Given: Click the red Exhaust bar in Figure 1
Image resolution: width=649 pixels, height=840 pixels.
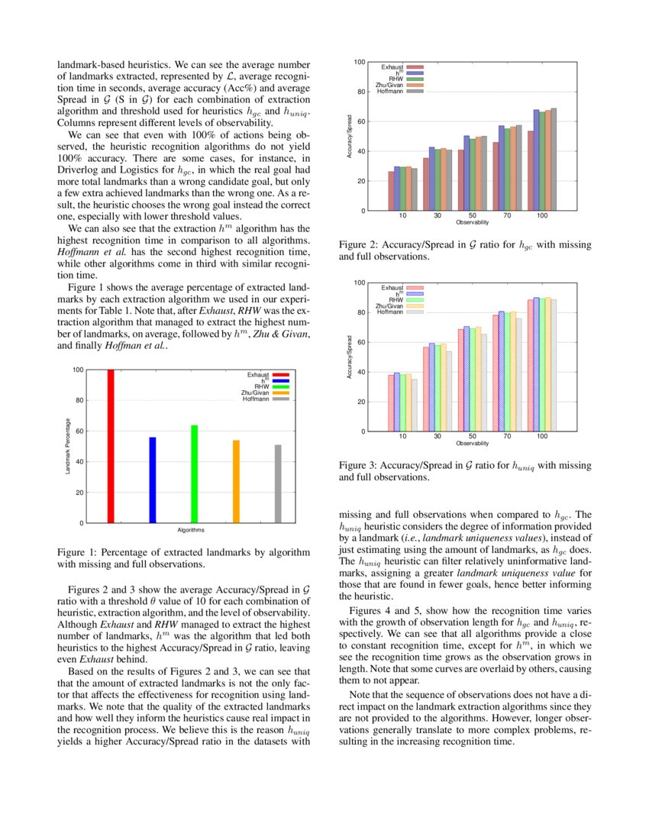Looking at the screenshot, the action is click(x=111, y=447).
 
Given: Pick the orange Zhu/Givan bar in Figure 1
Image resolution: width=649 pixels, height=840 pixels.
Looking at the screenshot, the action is click(x=236, y=482).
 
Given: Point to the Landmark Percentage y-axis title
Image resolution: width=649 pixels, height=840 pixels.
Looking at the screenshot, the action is click(x=69, y=447).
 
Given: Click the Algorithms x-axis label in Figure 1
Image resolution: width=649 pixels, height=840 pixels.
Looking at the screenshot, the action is click(x=190, y=530).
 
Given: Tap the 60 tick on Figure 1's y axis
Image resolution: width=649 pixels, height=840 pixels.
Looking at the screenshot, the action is click(x=78, y=431).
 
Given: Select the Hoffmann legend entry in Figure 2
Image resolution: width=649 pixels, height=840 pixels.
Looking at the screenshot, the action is click(x=390, y=91).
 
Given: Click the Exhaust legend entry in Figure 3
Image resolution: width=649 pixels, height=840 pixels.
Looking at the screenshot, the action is click(x=392, y=287).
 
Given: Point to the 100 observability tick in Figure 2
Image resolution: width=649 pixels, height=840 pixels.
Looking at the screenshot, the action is click(x=541, y=217).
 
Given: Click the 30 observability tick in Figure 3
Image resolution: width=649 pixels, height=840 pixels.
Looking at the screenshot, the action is click(x=438, y=438).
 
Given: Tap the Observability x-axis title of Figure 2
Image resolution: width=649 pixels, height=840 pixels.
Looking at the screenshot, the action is click(x=472, y=222).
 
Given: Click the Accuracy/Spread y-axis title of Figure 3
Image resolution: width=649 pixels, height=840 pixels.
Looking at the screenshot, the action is click(x=349, y=357).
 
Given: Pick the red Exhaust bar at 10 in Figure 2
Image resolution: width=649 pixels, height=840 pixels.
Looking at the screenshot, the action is click(x=392, y=191).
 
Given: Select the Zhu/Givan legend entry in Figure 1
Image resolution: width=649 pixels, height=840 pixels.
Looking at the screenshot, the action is click(x=253, y=393).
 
